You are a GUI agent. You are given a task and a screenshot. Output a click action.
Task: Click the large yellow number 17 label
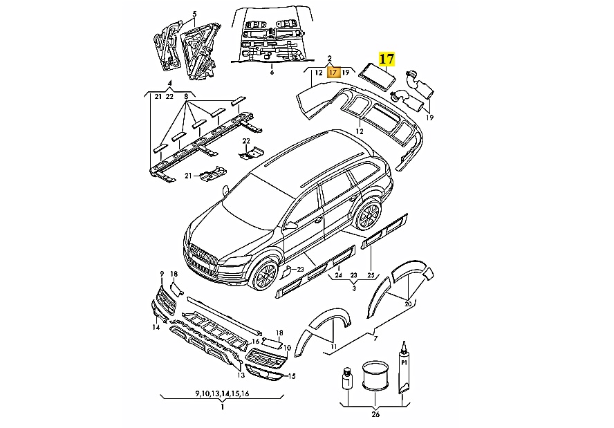(386, 59)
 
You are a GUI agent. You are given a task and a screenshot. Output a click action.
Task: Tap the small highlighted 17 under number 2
(333, 72)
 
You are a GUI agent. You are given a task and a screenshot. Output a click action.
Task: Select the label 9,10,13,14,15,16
(222, 394)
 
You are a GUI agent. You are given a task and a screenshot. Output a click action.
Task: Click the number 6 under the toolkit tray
(272, 72)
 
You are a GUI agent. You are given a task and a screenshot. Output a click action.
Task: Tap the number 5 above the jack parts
(194, 14)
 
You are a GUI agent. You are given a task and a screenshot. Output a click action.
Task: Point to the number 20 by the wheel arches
(408, 304)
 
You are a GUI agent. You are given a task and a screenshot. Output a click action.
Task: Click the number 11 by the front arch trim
(333, 346)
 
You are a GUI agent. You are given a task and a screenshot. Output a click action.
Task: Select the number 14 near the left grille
(156, 327)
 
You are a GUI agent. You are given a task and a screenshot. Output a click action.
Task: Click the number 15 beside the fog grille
(292, 376)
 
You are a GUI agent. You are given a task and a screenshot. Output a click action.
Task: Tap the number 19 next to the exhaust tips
(429, 118)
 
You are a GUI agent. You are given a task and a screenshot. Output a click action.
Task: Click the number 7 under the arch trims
(376, 338)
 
